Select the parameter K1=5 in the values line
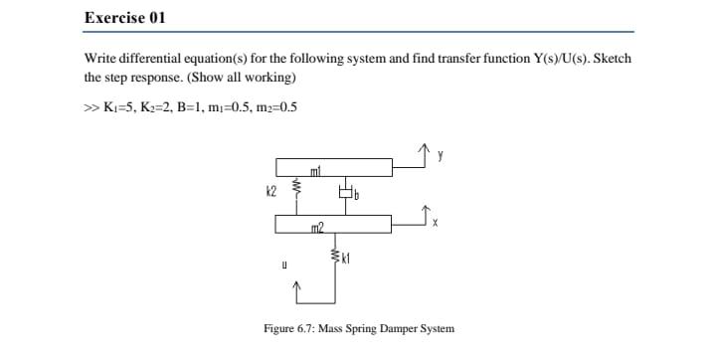coord(118,107)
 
